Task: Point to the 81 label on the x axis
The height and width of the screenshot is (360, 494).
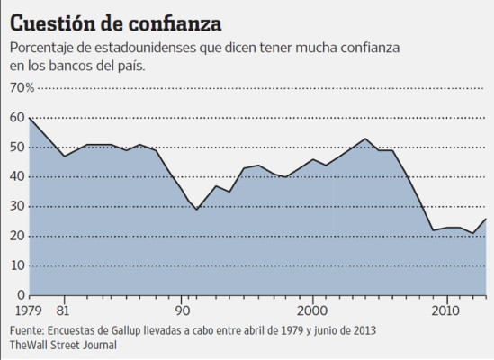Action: pos(63,310)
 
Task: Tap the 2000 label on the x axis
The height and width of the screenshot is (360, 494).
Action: pos(312,310)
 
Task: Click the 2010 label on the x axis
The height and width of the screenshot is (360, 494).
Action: pos(444,310)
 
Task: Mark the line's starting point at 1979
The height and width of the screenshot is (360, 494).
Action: pos(30,118)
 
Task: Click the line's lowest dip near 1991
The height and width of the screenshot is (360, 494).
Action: pos(196,210)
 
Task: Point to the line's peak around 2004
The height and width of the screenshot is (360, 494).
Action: pos(364,139)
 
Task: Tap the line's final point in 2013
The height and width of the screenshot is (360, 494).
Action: pos(486,219)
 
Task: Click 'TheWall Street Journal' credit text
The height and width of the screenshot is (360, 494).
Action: pos(64,344)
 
